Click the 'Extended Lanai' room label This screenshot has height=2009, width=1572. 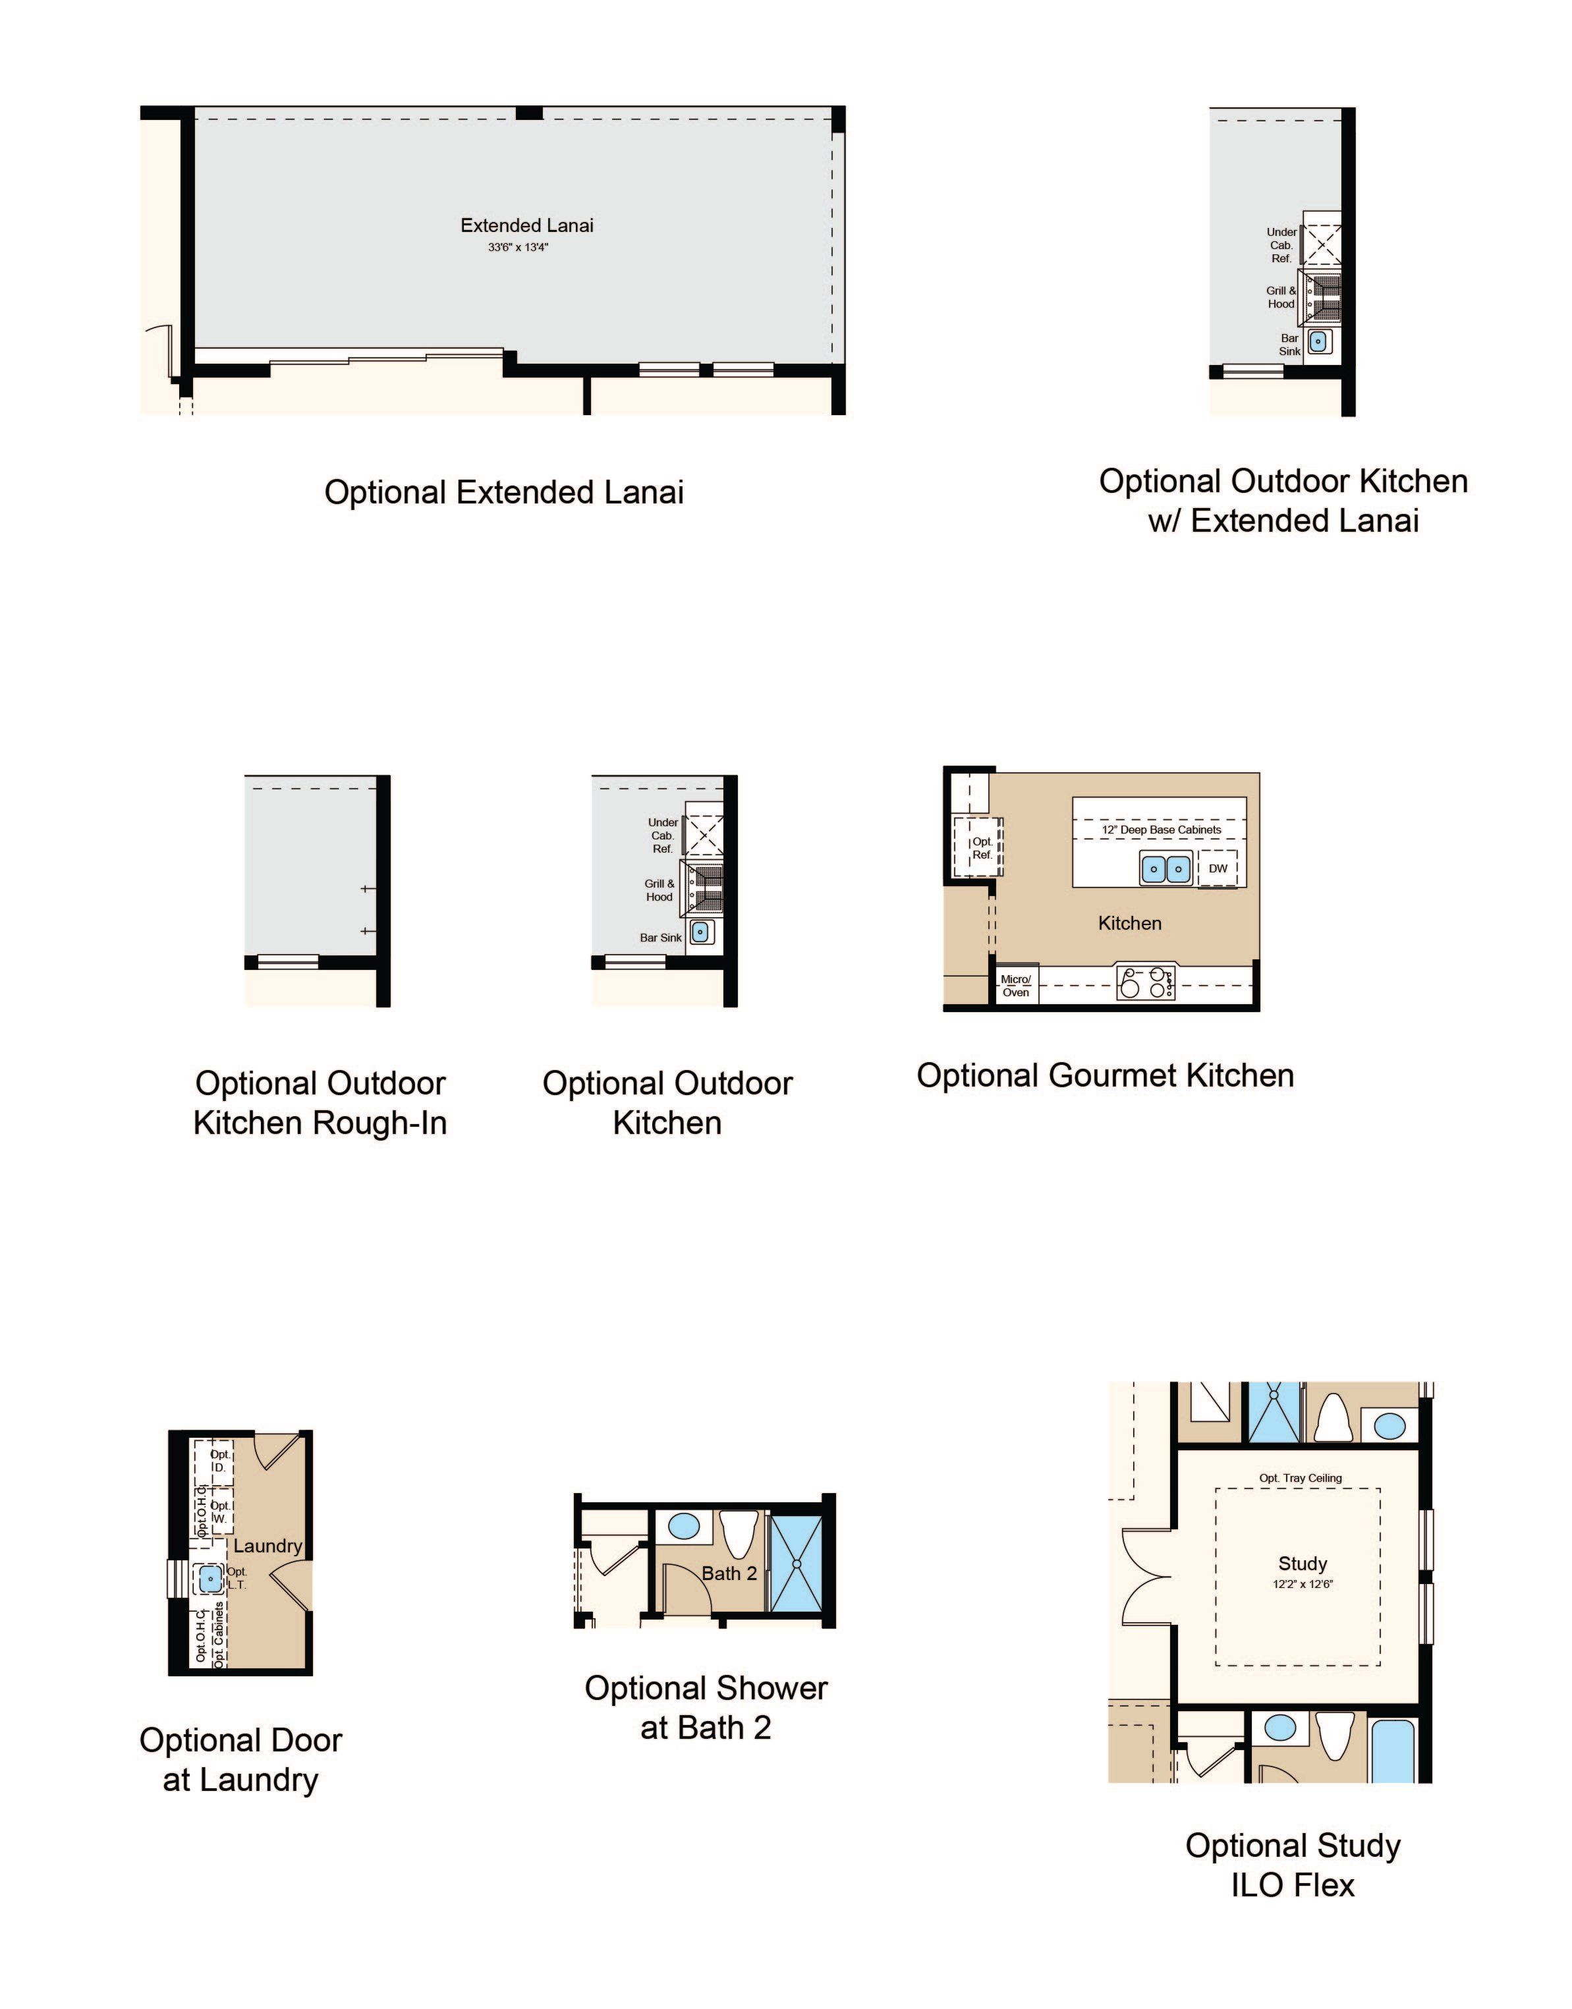[526, 225]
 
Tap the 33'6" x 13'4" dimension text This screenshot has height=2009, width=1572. [518, 248]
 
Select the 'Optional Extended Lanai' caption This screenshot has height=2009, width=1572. [505, 492]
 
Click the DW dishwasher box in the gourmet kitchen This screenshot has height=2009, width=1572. [1218, 868]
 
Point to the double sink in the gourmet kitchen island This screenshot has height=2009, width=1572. [1166, 868]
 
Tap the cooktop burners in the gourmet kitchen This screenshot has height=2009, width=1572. [1146, 983]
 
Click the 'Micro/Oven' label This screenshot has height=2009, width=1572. [1016, 986]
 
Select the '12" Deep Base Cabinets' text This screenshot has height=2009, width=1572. [1162, 830]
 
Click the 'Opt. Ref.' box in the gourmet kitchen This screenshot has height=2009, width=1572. [983, 847]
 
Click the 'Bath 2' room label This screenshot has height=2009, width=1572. [729, 1573]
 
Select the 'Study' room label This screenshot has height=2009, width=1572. [1303, 1564]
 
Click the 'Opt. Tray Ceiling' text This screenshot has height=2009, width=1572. [1301, 1478]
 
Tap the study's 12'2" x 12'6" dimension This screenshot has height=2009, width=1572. [1303, 1585]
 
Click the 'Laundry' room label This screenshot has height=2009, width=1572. [268, 1546]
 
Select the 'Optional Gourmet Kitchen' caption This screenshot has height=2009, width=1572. [1106, 1076]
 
